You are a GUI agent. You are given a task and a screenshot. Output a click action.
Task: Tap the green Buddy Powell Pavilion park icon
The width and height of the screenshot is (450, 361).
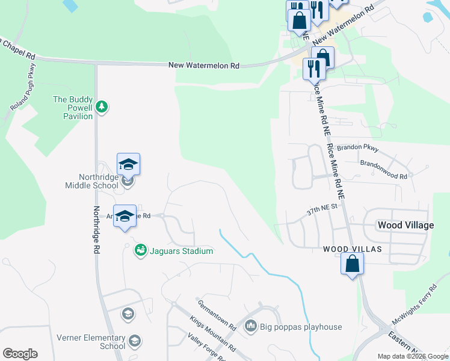[x=102, y=106]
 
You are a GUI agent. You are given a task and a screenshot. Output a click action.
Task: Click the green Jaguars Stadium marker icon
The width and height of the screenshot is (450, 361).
[x=140, y=249]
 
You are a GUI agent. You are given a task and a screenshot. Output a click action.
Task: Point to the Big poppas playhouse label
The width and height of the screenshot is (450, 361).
[x=301, y=327]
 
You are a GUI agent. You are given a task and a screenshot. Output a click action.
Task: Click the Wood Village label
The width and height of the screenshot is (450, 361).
[x=405, y=225]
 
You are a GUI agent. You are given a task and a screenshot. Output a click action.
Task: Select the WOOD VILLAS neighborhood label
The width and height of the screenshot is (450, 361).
[x=353, y=249]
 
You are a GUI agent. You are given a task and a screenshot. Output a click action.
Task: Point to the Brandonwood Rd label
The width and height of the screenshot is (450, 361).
[x=383, y=170]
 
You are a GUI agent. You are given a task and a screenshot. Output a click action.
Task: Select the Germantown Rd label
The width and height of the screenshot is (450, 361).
[x=216, y=315]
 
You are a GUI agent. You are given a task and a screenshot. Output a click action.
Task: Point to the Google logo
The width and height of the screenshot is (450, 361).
[x=20, y=354]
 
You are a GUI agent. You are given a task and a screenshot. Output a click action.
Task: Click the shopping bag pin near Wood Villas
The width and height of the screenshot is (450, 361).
[x=352, y=264]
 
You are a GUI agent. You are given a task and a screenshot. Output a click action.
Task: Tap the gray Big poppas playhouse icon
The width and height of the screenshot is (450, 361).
[x=251, y=327]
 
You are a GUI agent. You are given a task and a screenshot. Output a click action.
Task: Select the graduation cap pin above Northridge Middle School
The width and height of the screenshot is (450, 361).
[x=128, y=164]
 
